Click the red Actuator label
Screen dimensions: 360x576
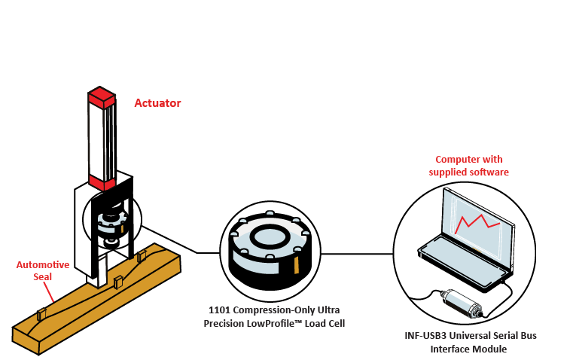click(157, 103)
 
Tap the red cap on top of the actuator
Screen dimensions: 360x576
click(101, 96)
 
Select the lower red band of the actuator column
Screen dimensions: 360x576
click(101, 182)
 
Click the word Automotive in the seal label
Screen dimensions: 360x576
click(43, 265)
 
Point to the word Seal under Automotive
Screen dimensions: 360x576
click(43, 276)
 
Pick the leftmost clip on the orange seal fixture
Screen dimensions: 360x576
click(43, 312)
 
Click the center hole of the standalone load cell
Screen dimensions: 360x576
click(267, 236)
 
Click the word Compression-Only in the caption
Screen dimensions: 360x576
click(277, 310)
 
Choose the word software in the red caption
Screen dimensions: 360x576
click(487, 172)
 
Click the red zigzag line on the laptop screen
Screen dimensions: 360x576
click(477, 222)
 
